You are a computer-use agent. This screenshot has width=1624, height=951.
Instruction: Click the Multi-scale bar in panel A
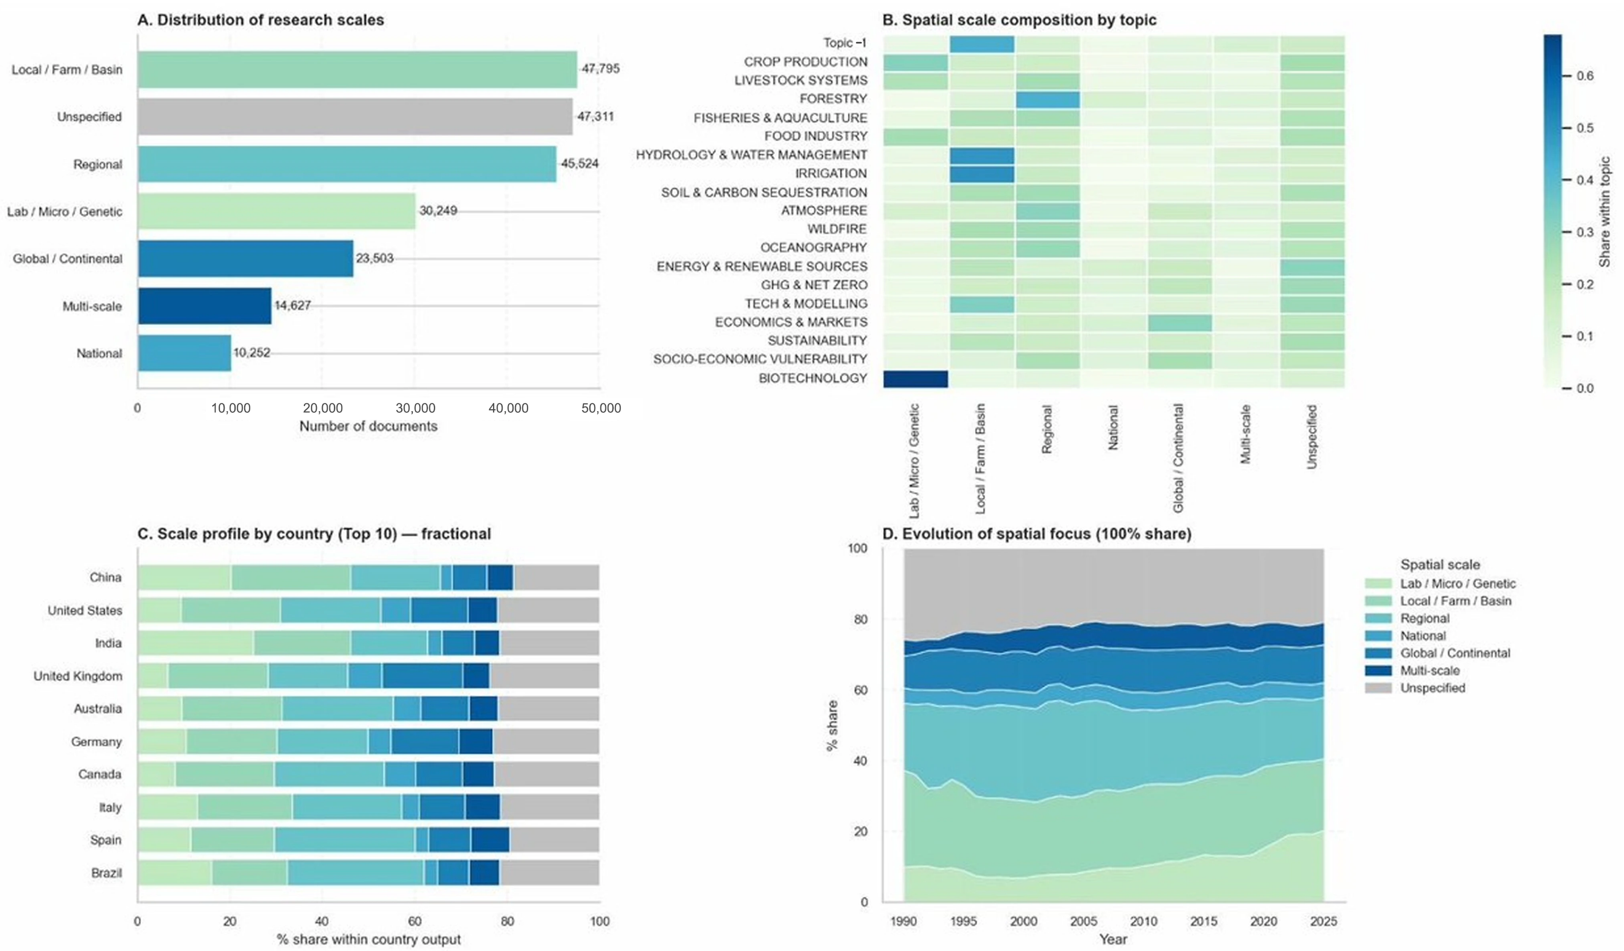[204, 306]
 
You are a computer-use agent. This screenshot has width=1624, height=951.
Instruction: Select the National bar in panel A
[184, 353]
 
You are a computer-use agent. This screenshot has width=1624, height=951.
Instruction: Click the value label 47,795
[601, 68]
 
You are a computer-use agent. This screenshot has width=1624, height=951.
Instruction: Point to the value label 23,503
[375, 258]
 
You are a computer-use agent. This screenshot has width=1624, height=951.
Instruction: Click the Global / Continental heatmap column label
[1179, 458]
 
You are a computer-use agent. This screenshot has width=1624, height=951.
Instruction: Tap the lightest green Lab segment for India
[196, 643]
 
